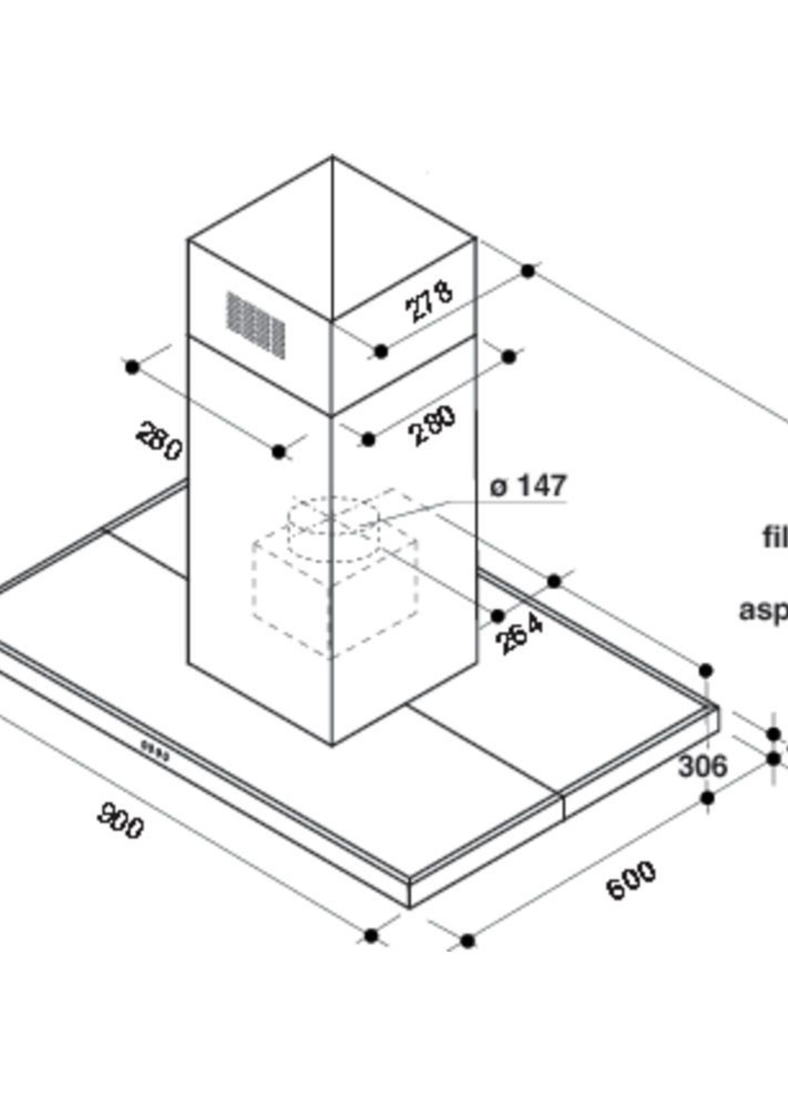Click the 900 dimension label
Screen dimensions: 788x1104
click(x=120, y=821)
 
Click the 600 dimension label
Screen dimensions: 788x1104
click(x=631, y=880)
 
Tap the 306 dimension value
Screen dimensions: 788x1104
click(x=703, y=767)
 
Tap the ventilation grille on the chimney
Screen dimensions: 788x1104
click(x=256, y=324)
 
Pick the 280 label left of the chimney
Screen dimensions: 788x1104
click(x=159, y=441)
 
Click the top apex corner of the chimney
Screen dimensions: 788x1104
click(x=332, y=157)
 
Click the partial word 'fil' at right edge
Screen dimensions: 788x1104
click(x=775, y=538)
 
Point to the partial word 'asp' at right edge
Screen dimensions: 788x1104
click(x=763, y=610)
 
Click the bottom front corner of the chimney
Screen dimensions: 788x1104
click(x=332, y=744)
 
